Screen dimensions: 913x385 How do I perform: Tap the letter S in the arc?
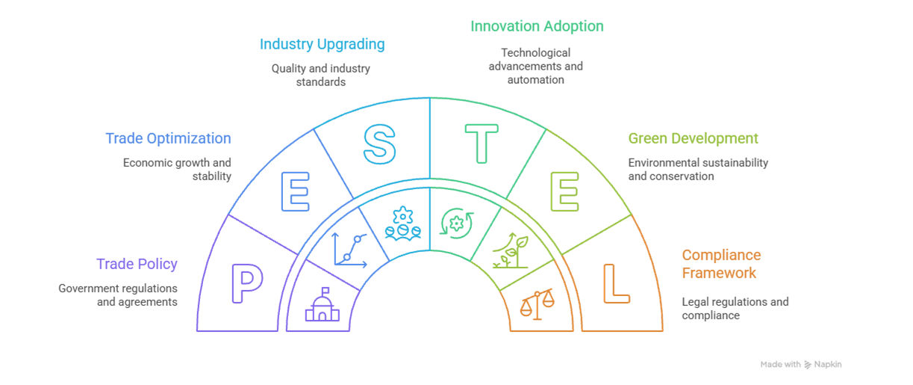click(379, 144)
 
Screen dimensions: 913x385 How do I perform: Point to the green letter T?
click(482, 144)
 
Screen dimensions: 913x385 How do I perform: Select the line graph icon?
click(350, 250)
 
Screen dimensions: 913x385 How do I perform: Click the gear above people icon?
click(402, 224)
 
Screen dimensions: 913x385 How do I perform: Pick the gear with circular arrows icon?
click(457, 224)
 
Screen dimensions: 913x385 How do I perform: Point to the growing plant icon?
click(511, 250)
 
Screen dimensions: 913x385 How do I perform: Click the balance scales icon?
click(537, 304)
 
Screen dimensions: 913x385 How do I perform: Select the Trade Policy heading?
click(137, 264)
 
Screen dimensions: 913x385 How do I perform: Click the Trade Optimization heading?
click(168, 138)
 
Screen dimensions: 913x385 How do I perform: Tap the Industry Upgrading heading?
click(322, 44)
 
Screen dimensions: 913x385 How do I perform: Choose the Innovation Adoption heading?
click(537, 26)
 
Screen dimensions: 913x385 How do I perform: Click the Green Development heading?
click(693, 138)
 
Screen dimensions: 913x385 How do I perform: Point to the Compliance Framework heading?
click(721, 264)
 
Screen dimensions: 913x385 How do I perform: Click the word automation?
click(535, 79)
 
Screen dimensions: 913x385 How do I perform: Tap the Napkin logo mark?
click(808, 365)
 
